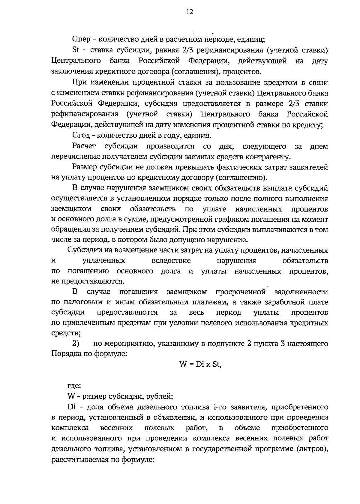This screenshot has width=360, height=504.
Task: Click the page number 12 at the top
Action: point(190,12)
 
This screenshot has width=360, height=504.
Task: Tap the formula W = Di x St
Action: point(200,364)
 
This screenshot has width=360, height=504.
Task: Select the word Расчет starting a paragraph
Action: point(84,146)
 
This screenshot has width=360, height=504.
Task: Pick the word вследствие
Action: point(171,260)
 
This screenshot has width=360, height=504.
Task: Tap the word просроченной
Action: point(241,292)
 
